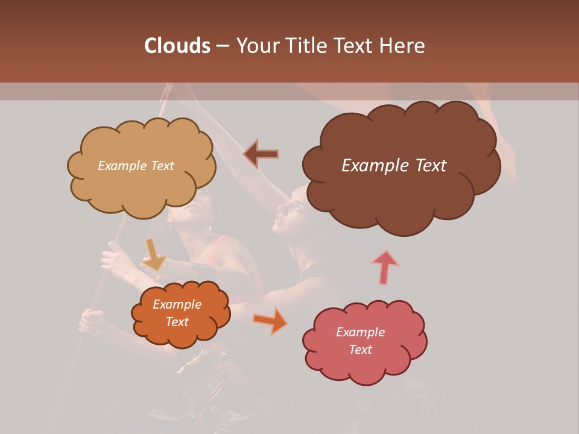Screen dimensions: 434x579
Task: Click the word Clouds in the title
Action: [177, 46]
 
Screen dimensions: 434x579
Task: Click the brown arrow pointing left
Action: [261, 154]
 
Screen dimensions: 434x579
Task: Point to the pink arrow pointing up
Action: [385, 266]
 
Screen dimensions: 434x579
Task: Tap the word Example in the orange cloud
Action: [177, 304]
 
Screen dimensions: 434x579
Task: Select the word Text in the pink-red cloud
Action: [360, 350]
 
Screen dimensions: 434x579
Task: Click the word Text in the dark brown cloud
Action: [428, 166]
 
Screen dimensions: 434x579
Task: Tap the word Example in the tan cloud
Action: [121, 166]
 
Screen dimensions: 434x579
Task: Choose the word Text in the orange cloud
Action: [177, 322]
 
